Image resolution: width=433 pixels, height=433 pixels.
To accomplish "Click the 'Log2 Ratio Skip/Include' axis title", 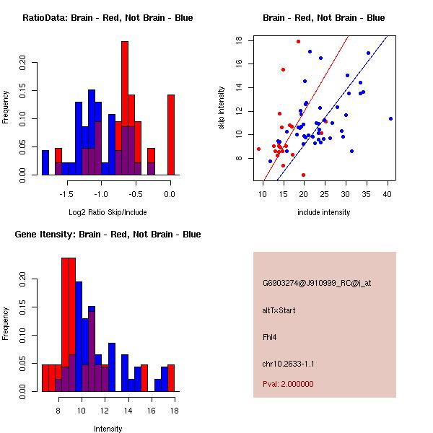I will click(x=107, y=212).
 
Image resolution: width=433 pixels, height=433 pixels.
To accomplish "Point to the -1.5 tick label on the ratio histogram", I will click(x=66, y=193).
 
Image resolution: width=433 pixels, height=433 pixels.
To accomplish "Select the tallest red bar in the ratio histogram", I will click(x=125, y=108).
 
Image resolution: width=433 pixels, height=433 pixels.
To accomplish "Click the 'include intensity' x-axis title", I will click(x=323, y=212).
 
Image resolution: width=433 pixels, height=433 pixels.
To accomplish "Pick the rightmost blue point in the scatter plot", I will click(x=390, y=118).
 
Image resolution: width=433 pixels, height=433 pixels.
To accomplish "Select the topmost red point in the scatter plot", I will click(x=298, y=41).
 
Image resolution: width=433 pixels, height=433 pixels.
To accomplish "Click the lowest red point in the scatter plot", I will click(x=303, y=175).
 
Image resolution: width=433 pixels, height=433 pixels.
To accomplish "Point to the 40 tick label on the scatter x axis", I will click(x=388, y=193).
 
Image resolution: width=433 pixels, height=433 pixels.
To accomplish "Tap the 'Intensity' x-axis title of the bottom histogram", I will click(x=108, y=429).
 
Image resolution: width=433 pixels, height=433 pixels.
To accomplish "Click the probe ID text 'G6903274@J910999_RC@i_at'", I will click(x=317, y=284).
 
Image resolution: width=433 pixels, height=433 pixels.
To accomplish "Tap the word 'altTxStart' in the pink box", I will click(x=279, y=310).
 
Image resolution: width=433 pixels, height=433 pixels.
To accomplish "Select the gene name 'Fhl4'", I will click(x=269, y=336).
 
